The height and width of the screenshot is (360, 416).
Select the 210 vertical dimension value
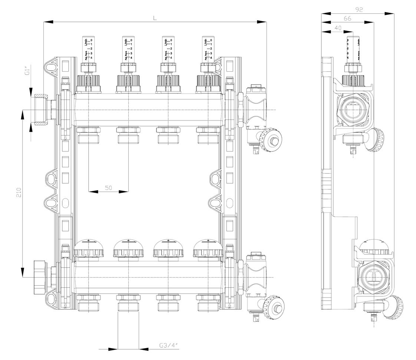pyautogui.click(x=19, y=192)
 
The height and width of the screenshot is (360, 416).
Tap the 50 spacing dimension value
pyautogui.click(x=108, y=188)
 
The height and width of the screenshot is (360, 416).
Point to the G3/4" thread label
pyautogui.click(x=169, y=346)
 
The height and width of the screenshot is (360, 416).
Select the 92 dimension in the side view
pyautogui.click(x=359, y=10)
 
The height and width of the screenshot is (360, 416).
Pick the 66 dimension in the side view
pyautogui.click(x=347, y=18)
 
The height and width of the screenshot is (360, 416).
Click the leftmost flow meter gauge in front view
pyautogui.click(x=88, y=48)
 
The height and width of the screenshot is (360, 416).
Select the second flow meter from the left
pyautogui.click(x=128, y=48)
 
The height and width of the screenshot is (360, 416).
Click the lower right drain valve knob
pyautogui.click(x=275, y=307)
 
